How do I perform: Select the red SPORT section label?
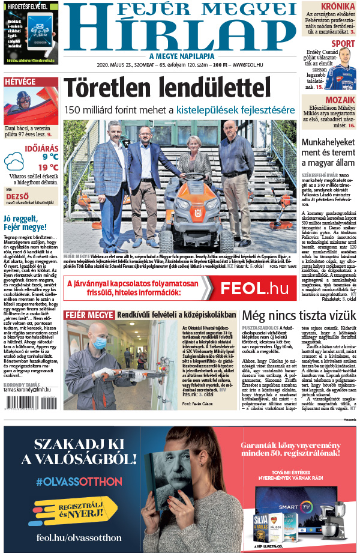[343, 43]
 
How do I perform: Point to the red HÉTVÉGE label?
[19, 82]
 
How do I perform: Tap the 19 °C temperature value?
[48, 168]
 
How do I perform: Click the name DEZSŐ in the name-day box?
[17, 196]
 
